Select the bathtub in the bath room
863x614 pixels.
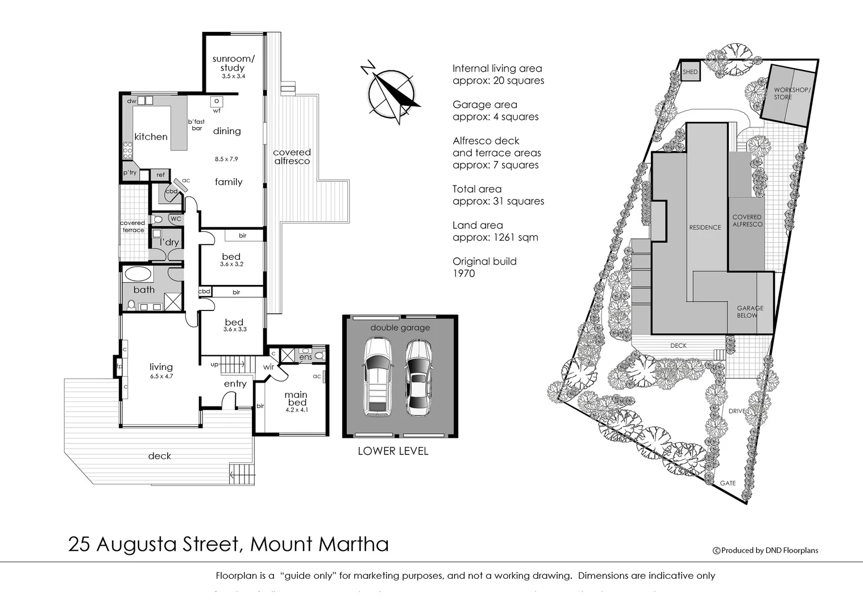point(138,275)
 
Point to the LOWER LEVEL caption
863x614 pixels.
point(393,451)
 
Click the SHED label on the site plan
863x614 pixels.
point(690,72)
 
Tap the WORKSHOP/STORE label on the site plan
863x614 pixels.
point(792,94)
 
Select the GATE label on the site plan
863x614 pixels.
point(728,483)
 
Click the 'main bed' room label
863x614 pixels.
point(296,399)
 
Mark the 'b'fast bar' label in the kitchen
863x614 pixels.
point(196,125)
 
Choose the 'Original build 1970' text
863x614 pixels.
point(484,267)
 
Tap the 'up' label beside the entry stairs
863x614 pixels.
point(214,364)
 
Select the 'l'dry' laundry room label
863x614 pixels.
point(169,242)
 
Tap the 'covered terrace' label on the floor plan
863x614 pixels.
point(132,226)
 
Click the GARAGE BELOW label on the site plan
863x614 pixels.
point(750,312)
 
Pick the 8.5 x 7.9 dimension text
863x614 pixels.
point(226,159)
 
